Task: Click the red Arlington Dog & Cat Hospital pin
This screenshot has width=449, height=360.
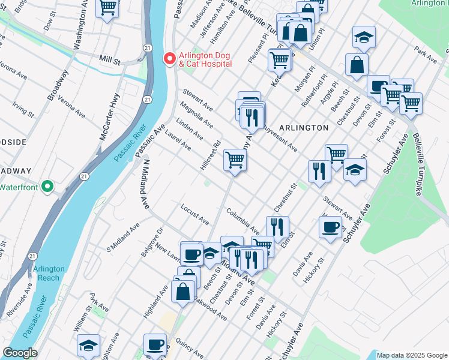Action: pyautogui.click(x=169, y=59)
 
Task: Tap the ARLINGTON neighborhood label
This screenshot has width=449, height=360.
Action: pyautogui.click(x=304, y=128)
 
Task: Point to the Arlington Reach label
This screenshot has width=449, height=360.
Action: pyautogui.click(x=46, y=274)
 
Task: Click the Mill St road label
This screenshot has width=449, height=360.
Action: pyautogui.click(x=110, y=61)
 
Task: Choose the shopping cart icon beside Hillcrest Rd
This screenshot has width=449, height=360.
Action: pyautogui.click(x=235, y=160)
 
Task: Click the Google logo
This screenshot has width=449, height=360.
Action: pyautogui.click(x=20, y=353)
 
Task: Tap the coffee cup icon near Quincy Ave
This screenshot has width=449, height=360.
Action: pyautogui.click(x=155, y=344)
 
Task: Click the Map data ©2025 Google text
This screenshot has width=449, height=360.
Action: pyautogui.click(x=412, y=355)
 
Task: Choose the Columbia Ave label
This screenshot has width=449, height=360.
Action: pyautogui.click(x=243, y=221)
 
